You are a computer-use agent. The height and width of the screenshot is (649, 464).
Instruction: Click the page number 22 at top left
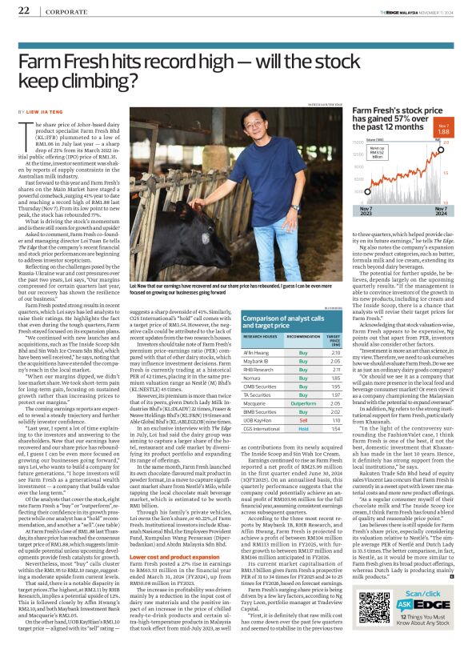[x=23, y=10]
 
